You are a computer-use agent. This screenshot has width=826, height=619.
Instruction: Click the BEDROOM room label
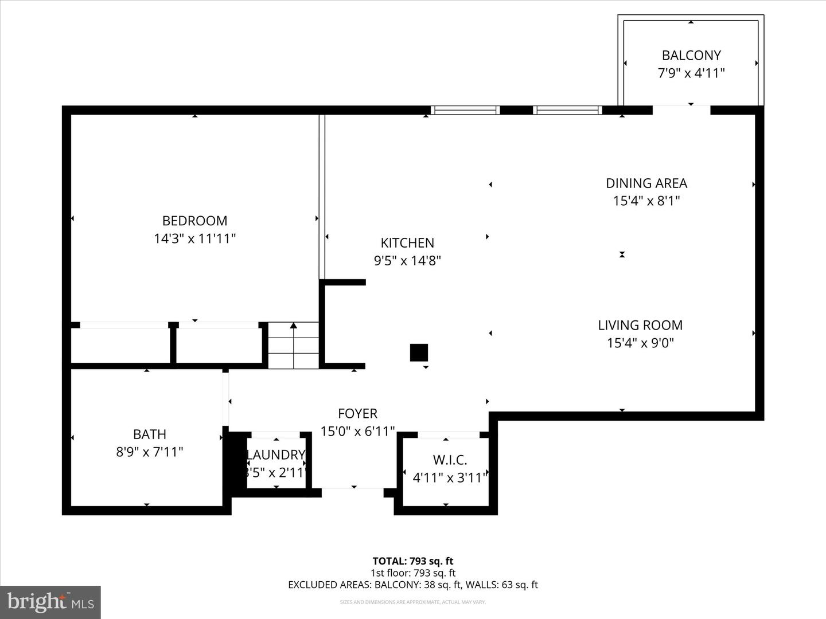pos(194,221)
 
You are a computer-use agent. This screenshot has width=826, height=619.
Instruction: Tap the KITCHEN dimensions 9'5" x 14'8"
pos(407,261)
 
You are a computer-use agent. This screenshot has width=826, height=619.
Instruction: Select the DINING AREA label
pos(646,183)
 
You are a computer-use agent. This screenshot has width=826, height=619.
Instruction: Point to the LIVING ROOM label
pos(640,325)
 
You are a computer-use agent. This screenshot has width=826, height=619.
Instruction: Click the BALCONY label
pos(691,56)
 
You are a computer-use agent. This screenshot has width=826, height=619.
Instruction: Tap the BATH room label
pos(150,434)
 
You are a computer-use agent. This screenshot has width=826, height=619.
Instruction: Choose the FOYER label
pos(357,413)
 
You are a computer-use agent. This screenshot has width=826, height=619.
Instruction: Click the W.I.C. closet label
pos(450,460)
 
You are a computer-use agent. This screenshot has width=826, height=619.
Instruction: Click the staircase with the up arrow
pos(294,346)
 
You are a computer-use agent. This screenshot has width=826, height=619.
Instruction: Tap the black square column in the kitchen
pos(419,352)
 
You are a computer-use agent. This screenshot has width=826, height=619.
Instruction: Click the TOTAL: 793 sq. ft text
pos(412,561)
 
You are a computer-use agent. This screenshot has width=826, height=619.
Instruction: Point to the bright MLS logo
pos(50,602)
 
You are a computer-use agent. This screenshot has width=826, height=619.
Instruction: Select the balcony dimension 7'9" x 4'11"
pos(691,73)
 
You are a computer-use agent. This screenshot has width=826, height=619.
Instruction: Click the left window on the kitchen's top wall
pos(465,110)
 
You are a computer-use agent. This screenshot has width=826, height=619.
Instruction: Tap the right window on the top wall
pos(567,110)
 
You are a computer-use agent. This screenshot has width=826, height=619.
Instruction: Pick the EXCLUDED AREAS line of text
pos(412,585)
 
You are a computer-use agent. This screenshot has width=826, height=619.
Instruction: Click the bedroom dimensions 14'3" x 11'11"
pos(194,238)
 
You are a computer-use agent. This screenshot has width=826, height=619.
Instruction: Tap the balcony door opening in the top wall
pos(681,110)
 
